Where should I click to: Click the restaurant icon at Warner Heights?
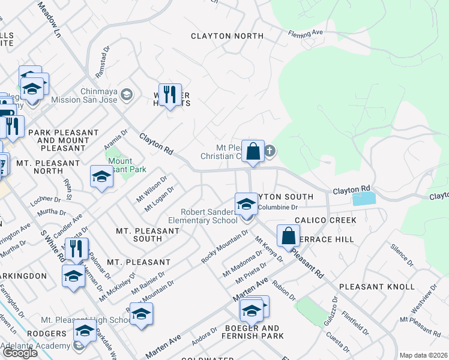click(170, 94)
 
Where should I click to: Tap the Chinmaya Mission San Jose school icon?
click(127, 94)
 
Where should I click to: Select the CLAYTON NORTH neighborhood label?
click(227, 36)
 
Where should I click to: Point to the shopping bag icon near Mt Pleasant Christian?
click(253, 151)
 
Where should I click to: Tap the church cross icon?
click(270, 151)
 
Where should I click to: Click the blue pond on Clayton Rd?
click(364, 199)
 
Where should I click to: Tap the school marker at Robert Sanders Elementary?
click(246, 204)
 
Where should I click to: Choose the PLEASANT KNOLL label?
click(376, 287)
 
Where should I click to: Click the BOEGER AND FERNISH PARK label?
click(252, 332)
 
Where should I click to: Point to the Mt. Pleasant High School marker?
click(141, 314)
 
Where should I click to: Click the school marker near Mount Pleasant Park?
click(101, 176)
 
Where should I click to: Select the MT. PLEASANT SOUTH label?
click(139, 234)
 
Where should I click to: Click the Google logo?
click(20, 353)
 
